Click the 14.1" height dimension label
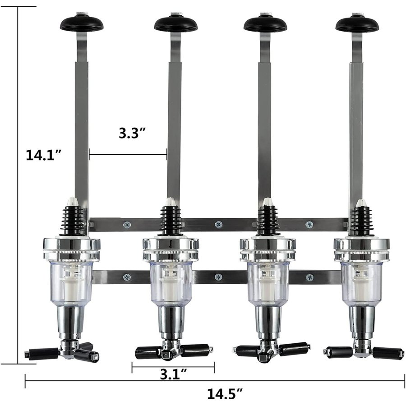click(x=43, y=155)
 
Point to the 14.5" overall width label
click(x=225, y=394)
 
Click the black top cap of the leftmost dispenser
click(x=82, y=23)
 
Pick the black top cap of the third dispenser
click(x=266, y=24)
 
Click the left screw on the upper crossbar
click(x=127, y=225)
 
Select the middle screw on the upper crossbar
click(x=219, y=225)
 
